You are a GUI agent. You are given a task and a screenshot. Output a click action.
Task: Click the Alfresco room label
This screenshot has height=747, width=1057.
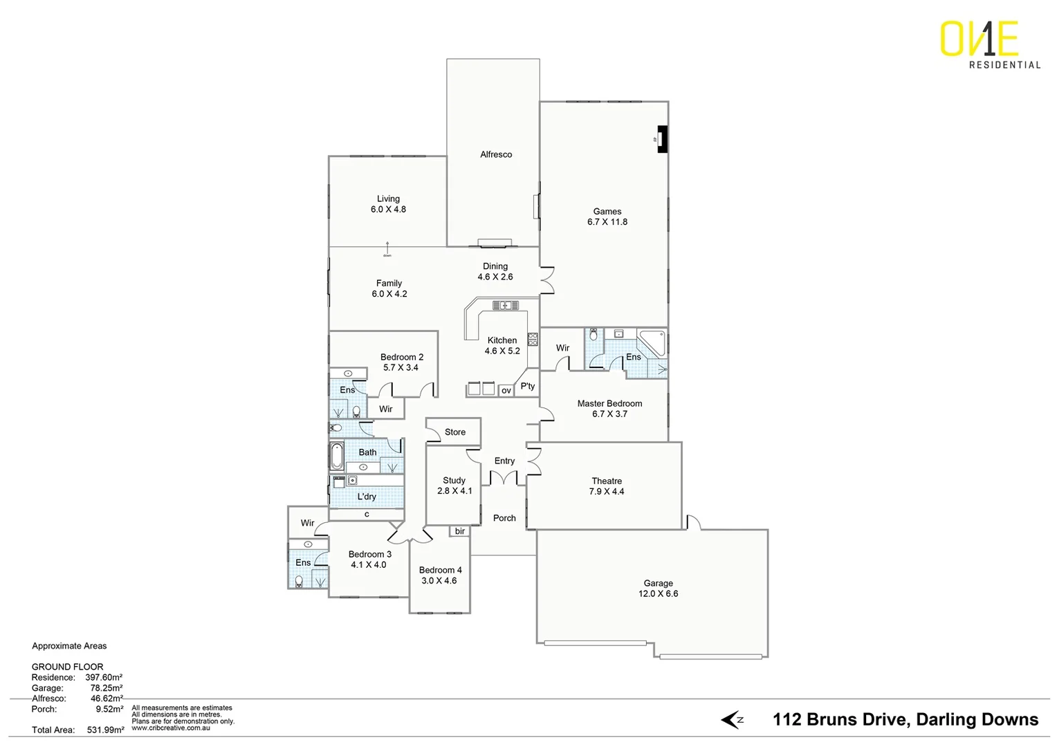[496, 154]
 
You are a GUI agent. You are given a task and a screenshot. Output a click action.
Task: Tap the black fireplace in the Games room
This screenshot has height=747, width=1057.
[662, 139]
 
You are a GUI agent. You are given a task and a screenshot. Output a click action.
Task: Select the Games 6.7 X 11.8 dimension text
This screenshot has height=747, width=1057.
[607, 222]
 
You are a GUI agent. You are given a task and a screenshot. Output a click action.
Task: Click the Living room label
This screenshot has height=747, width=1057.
[388, 199]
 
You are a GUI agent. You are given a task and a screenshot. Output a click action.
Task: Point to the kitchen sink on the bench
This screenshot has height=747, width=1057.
[505, 305]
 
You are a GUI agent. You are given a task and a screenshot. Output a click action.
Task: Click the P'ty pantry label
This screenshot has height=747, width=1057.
[528, 386]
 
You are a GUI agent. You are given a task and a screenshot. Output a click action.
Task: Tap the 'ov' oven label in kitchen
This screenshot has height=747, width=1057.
[506, 391]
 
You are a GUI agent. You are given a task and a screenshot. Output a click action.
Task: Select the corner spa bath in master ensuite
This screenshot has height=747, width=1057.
[652, 342]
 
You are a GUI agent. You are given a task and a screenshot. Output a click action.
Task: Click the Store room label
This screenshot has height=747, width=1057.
[454, 432]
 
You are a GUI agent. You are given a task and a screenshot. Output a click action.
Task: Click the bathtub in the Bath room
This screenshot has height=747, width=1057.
[337, 456]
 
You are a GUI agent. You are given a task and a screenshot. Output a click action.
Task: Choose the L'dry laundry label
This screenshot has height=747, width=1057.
[367, 497]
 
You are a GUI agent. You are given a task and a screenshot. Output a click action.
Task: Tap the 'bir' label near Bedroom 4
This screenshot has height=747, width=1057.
[460, 531]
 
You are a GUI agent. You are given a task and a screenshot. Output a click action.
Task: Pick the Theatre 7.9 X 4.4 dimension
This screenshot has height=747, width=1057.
[607, 492]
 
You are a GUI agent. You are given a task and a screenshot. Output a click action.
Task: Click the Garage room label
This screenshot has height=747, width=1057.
[658, 583]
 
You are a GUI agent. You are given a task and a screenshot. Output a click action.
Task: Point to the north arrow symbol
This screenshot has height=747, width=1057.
[732, 720]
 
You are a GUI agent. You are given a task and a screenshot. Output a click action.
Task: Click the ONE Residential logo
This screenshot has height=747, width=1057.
[989, 45]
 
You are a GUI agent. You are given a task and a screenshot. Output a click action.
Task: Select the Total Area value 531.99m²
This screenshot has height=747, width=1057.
[105, 730]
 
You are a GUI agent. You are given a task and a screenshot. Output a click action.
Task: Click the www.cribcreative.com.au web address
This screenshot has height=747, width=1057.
[171, 728]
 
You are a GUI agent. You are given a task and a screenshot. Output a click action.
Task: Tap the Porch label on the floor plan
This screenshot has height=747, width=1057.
[504, 518]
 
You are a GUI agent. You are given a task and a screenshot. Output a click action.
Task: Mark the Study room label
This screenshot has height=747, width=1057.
[454, 480]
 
